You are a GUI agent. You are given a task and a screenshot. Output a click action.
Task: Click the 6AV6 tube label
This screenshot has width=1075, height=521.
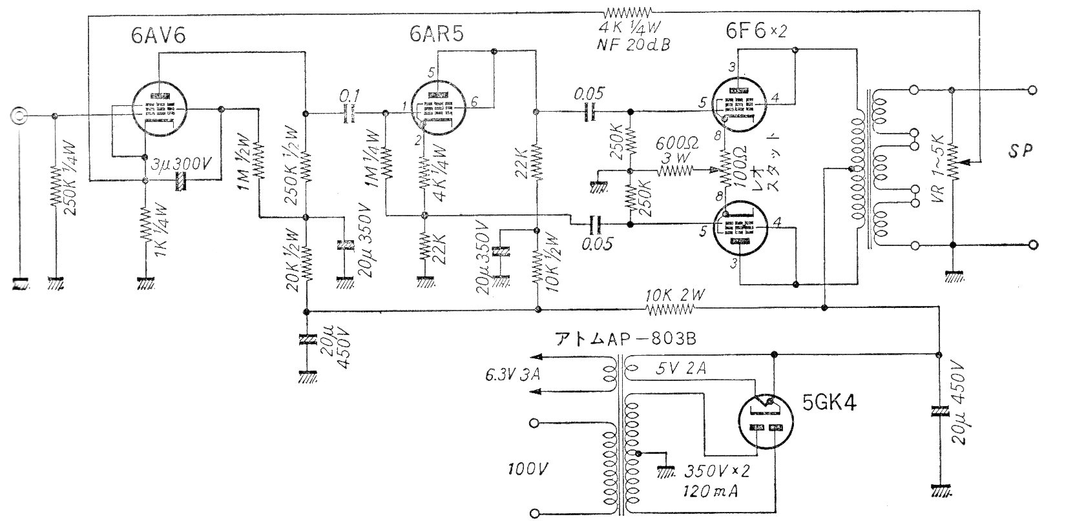[158, 35]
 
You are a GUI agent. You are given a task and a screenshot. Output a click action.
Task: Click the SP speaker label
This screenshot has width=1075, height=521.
[1021, 150]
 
